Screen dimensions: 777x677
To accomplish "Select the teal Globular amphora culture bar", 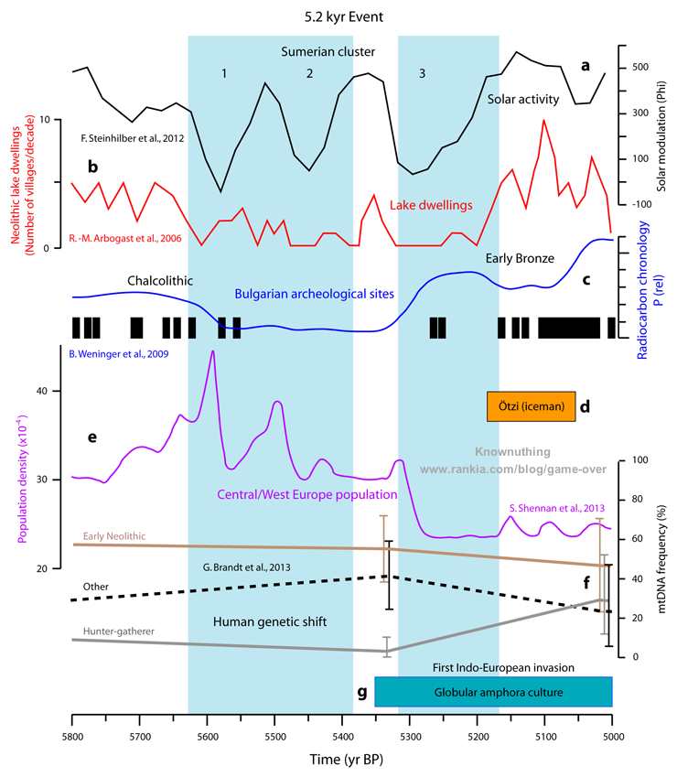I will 493,692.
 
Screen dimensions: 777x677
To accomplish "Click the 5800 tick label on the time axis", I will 71,736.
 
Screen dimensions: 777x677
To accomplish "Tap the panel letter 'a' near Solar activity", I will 586,66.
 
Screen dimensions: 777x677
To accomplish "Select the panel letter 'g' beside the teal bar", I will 362,692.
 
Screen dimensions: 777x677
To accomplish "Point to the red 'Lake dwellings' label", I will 432,206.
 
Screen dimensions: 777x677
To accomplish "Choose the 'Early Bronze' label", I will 521,259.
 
